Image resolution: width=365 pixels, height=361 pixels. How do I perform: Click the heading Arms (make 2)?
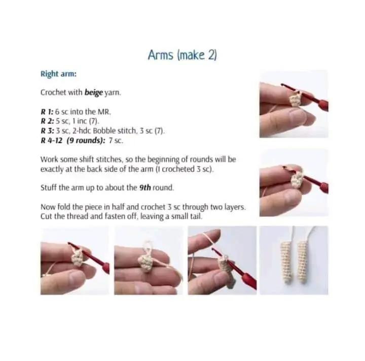pyautogui.click(x=182, y=55)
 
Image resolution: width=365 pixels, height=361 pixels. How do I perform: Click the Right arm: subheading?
pyautogui.click(x=58, y=74)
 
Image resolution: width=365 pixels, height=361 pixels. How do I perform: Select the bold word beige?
pyautogui.click(x=94, y=92)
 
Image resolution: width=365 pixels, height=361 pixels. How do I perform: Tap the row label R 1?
pyautogui.click(x=47, y=112)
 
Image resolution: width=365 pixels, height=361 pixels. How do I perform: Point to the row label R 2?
pyautogui.click(x=48, y=121)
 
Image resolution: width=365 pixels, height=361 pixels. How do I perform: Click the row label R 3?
pyautogui.click(x=48, y=131)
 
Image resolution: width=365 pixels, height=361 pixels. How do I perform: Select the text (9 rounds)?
pyautogui.click(x=86, y=141)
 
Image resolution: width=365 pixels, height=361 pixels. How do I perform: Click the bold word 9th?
pyautogui.click(x=145, y=188)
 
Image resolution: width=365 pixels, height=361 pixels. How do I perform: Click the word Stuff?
pyautogui.click(x=48, y=188)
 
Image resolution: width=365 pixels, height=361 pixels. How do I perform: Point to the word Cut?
pyautogui.click(x=46, y=216)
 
